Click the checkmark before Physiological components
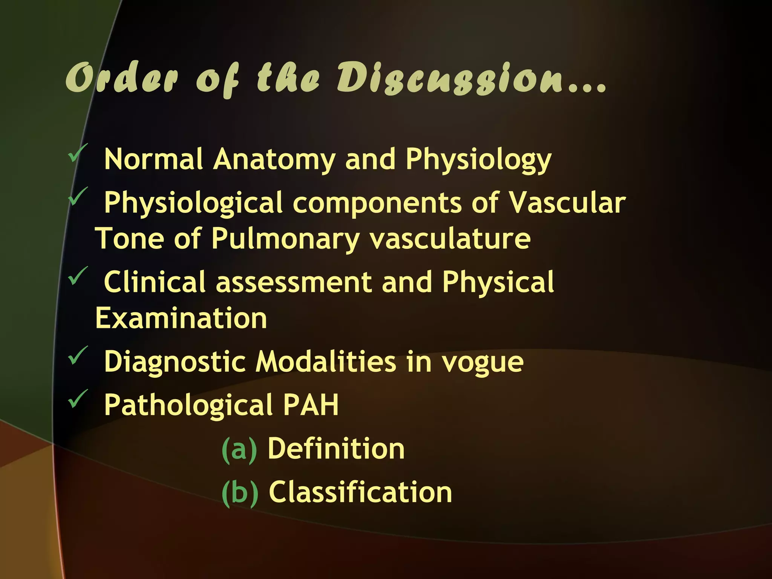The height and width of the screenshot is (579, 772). pyautogui.click(x=78, y=196)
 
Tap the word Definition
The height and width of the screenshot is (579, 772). pyautogui.click(x=336, y=449)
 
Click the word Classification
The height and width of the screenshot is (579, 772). pyautogui.click(x=360, y=492)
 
